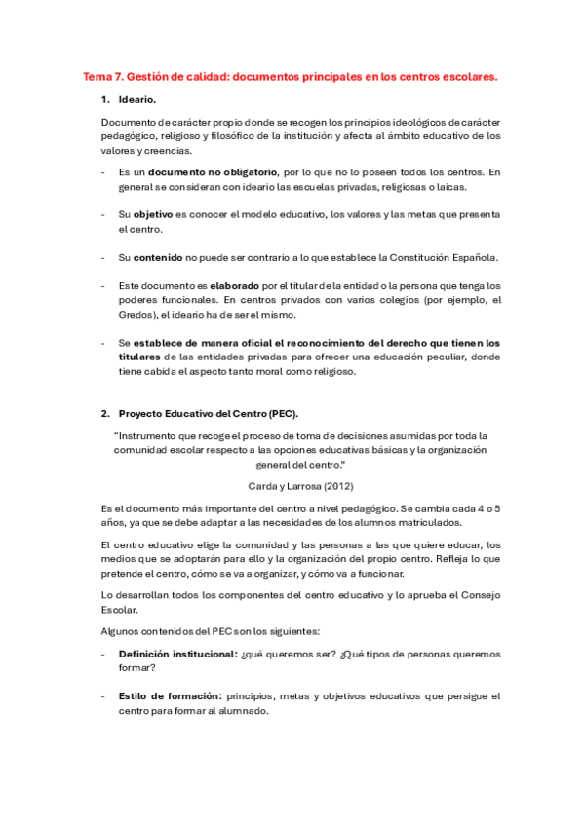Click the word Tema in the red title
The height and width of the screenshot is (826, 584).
point(98,75)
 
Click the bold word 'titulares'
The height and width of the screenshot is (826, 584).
point(142,357)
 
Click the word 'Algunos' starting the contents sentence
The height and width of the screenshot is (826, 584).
point(121,632)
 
